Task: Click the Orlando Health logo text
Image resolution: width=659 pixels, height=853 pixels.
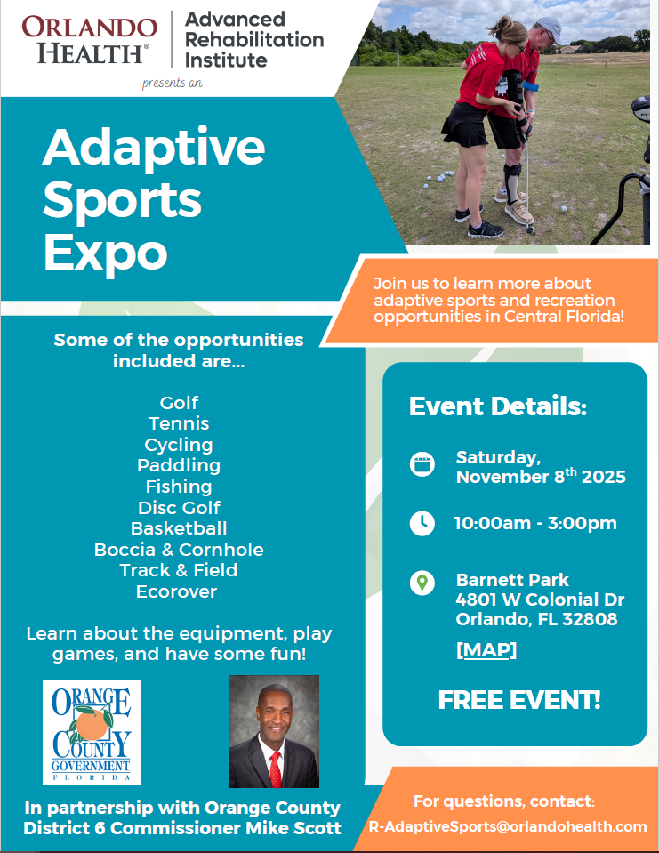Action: click(x=89, y=39)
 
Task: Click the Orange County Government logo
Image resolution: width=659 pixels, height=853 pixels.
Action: click(x=92, y=733)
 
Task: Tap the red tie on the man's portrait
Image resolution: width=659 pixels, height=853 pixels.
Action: click(x=276, y=765)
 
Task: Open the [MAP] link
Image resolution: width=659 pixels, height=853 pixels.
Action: click(x=486, y=649)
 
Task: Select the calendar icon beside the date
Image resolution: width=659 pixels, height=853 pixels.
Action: click(x=422, y=464)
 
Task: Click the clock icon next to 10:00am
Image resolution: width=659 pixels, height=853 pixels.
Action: click(x=422, y=523)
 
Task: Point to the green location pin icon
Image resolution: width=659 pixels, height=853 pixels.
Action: click(x=422, y=583)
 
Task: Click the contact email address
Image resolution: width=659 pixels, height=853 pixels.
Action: click(x=508, y=826)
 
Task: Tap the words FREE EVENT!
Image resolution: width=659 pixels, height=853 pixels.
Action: click(x=519, y=700)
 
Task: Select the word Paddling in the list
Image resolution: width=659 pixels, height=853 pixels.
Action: click(x=179, y=465)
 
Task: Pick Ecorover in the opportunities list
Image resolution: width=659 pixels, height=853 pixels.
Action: click(x=176, y=591)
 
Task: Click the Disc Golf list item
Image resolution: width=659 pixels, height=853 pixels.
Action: click(x=179, y=508)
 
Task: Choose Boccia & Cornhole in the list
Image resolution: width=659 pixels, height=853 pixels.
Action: click(x=179, y=550)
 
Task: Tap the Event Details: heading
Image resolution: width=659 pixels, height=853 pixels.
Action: click(x=498, y=407)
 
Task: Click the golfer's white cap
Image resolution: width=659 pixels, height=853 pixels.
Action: click(x=548, y=28)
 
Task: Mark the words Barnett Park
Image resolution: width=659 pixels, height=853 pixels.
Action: click(x=512, y=580)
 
